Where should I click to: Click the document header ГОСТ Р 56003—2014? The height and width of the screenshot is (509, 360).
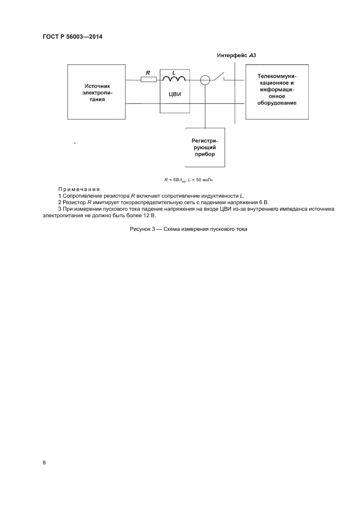pos(72,38)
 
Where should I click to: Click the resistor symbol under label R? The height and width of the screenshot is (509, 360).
pos(149,79)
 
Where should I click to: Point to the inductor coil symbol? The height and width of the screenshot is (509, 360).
pos(174,79)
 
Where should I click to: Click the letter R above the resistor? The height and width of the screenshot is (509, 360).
pos(148,72)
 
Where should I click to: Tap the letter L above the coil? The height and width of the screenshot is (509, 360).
pos(174,72)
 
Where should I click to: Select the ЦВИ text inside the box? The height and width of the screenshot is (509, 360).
pos(174,94)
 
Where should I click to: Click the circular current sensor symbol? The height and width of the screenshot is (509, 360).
pos(205,80)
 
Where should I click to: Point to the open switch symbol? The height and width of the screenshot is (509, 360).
pos(220,78)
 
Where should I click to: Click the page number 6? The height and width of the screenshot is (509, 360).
pos(44,462)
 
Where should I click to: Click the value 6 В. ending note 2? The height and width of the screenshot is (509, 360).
pos(264,201)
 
